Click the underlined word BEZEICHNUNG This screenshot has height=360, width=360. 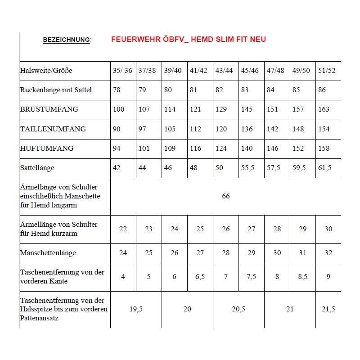(67, 40)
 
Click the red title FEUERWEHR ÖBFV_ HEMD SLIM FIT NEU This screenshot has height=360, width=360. (188, 40)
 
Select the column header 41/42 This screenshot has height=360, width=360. (199, 71)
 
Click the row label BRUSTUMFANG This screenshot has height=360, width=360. (49, 109)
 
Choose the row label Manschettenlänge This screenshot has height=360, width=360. (48, 253)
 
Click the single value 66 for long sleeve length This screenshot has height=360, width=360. (225, 196)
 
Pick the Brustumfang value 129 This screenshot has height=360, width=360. (222, 109)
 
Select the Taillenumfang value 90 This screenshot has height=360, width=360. (117, 129)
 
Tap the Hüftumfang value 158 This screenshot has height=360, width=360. (324, 148)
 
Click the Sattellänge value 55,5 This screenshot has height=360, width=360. (248, 168)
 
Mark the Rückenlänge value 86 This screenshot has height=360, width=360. (322, 90)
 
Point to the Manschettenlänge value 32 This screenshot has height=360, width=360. (328, 253)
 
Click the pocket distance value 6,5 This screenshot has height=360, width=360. (200, 277)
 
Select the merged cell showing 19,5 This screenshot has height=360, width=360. (136, 309)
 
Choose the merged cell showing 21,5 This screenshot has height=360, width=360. (328, 309)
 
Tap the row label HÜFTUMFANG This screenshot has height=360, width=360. (47, 148)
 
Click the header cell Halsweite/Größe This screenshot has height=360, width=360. (46, 71)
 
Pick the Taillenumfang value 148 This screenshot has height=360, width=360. (298, 129)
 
